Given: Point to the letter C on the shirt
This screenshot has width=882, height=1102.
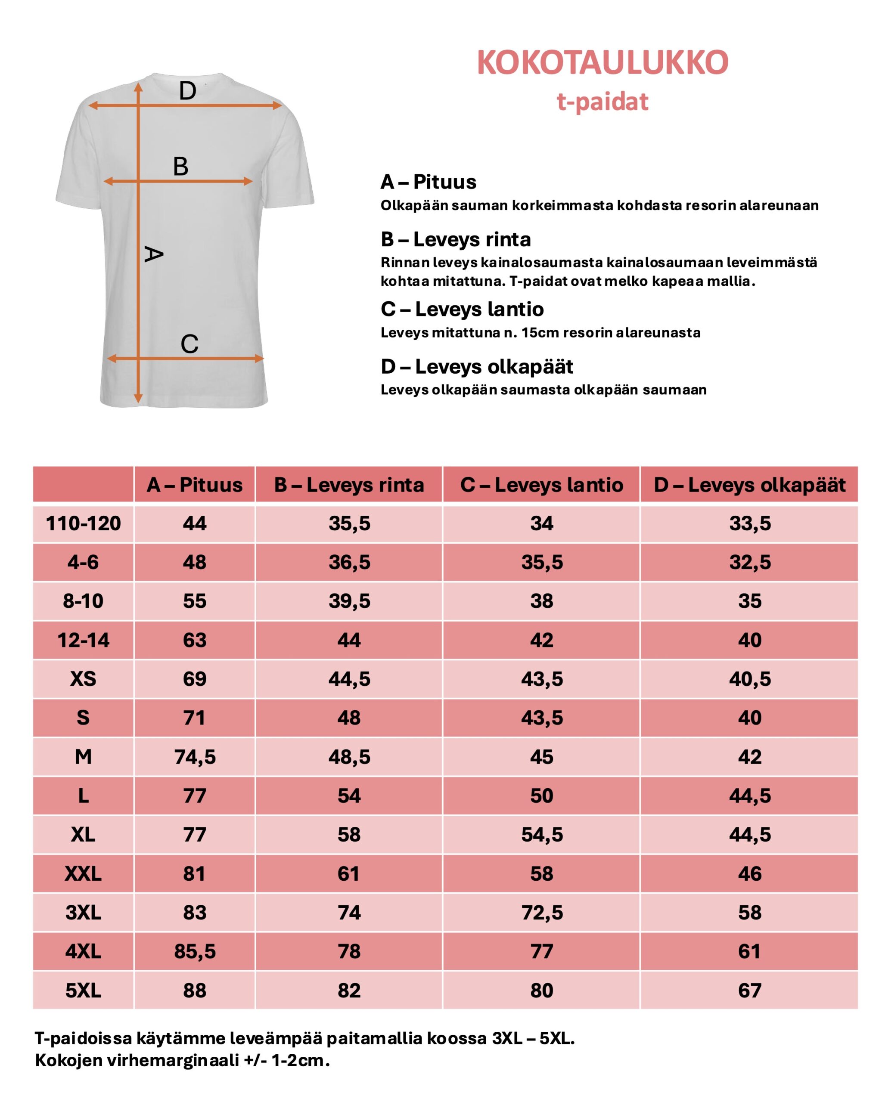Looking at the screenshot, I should [x=189, y=344].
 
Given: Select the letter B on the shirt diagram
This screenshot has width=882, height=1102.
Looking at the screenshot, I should [x=180, y=167].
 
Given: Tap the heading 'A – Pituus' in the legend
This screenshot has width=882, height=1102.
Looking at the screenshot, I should [x=428, y=182].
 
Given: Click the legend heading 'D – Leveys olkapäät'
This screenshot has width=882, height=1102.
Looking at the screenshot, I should [x=477, y=366].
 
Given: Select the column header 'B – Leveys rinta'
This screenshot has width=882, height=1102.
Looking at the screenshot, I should [x=349, y=485].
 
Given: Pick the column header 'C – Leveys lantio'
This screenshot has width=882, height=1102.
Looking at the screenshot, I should [x=541, y=485].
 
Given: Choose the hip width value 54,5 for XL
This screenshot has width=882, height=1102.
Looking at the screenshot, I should [x=541, y=835].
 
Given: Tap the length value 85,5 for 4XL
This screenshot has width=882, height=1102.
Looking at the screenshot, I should [x=195, y=952].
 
